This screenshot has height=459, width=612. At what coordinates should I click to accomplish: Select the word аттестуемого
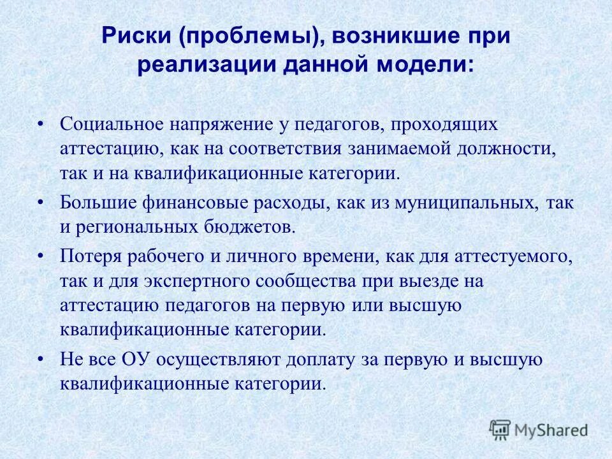point(509,257)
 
